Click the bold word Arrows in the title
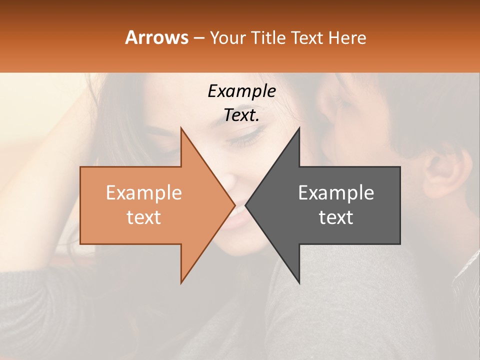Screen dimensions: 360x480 [156, 37]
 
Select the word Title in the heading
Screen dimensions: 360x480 [270, 38]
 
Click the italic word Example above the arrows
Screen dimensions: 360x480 [241, 91]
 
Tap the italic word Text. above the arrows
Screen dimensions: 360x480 [241, 115]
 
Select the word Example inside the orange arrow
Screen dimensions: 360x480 [144, 193]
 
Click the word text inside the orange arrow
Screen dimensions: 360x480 [144, 217]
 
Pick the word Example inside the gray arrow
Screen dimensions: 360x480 [336, 193]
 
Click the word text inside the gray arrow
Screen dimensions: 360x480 [336, 217]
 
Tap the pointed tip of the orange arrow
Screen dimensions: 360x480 [234, 205]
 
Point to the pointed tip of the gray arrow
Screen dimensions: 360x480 [246, 205]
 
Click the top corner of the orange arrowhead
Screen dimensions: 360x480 [181, 128]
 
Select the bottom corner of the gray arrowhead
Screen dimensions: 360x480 [299, 282]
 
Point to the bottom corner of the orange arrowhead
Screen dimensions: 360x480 [181, 282]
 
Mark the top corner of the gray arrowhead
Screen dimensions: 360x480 [299, 128]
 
